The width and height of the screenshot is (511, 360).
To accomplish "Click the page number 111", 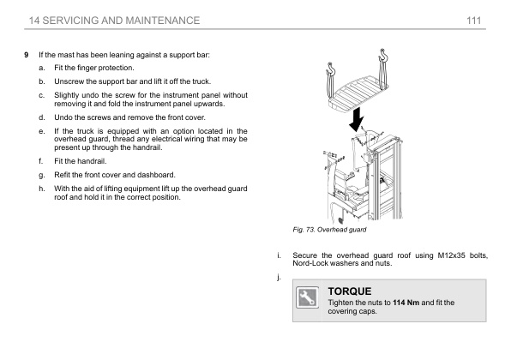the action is (x=473, y=21).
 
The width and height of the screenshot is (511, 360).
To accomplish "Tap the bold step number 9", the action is (x=27, y=55).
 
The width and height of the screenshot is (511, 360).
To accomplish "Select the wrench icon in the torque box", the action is (x=307, y=297).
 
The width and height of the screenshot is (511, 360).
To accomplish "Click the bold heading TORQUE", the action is (x=350, y=291).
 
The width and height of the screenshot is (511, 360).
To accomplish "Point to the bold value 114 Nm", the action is (x=406, y=303).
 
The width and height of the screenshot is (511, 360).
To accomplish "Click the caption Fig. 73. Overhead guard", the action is (x=329, y=230).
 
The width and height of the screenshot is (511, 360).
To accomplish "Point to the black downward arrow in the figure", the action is (x=357, y=120).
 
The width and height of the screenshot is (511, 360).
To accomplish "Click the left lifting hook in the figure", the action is (x=331, y=69).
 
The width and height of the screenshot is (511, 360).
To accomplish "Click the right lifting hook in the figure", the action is (x=383, y=56).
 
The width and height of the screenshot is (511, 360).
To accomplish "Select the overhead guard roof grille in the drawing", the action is (x=358, y=93).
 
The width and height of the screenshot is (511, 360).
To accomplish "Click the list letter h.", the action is (x=41, y=189).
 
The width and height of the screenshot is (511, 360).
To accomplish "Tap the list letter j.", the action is (x=279, y=277).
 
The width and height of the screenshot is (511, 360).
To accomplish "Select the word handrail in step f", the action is (x=95, y=161).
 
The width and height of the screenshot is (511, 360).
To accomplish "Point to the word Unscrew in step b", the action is (x=68, y=81).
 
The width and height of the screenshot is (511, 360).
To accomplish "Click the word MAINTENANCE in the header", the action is (x=162, y=21).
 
